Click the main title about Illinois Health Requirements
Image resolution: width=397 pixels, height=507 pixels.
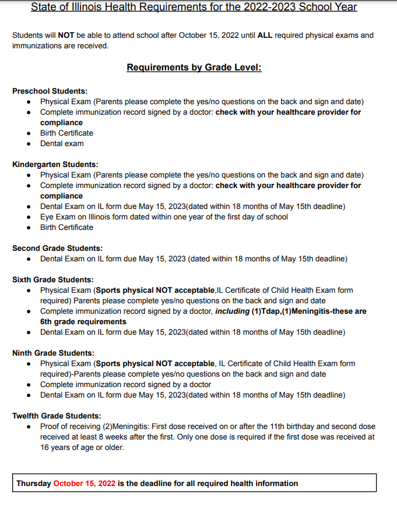194,8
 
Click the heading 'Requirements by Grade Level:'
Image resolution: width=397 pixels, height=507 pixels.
194,68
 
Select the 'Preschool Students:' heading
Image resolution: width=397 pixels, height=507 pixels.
50,91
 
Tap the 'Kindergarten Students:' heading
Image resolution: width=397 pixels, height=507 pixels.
55,165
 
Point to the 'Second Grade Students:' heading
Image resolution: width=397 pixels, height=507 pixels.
57,248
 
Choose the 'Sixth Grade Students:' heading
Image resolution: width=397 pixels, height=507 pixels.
52,279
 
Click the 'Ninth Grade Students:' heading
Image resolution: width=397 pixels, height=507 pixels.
53,353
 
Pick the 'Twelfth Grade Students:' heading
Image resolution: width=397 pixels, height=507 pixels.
57,416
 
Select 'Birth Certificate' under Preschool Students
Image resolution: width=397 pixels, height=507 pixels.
66,133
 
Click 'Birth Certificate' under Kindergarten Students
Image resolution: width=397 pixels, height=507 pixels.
66,227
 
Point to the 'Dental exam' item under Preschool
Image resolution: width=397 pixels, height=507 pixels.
62,143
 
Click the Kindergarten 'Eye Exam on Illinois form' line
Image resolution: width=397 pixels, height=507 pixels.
164,217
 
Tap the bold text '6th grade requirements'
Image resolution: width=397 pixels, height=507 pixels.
83,321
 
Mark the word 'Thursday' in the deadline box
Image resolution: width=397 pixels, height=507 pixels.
34,483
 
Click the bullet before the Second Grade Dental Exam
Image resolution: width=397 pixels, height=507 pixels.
30,258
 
